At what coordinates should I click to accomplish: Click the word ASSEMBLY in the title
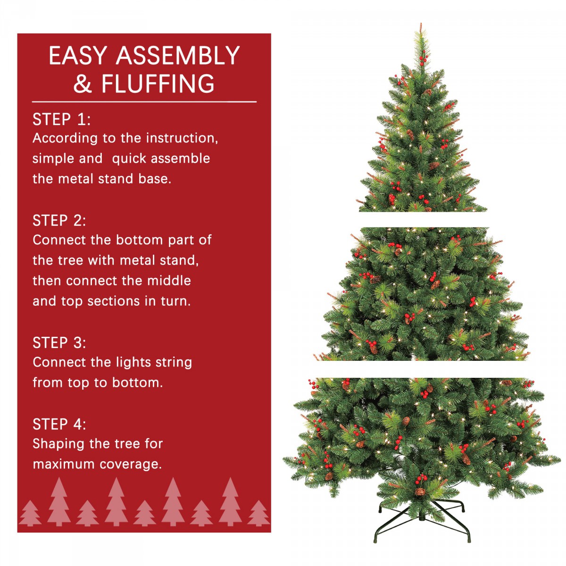tap(178, 56)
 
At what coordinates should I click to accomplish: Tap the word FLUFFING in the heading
tap(158, 83)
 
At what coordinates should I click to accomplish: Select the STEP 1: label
tap(61, 119)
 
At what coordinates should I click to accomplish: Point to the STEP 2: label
tap(59, 220)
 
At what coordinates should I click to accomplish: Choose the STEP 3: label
tap(59, 342)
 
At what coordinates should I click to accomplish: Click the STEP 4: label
tap(59, 424)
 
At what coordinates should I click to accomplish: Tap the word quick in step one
tap(128, 158)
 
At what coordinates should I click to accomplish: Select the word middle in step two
tap(169, 281)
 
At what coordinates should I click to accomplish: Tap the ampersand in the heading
tap(83, 84)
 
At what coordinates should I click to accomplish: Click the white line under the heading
tap(144, 101)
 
